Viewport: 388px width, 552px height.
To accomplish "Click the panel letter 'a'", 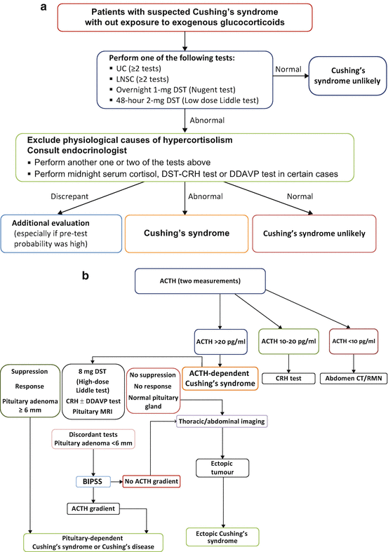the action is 44,6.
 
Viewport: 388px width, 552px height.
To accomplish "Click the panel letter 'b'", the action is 86,275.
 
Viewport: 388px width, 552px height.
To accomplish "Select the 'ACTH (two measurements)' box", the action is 200,281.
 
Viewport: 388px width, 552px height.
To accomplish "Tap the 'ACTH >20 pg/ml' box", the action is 221,342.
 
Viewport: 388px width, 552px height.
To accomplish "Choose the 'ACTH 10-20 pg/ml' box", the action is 288,341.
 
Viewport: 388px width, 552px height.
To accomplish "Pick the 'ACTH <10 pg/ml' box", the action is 354,341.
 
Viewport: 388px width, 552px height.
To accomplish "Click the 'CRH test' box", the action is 288,379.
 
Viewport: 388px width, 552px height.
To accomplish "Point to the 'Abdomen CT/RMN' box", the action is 354,379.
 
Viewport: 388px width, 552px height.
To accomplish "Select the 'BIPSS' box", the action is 93,481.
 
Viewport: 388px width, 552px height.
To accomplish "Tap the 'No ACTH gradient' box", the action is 152,481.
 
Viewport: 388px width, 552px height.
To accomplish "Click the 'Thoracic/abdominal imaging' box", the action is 222,422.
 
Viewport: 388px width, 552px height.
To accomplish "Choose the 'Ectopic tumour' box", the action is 222,468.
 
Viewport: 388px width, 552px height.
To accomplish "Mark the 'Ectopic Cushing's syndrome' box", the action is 222,537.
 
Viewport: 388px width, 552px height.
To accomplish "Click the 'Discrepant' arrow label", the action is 69,196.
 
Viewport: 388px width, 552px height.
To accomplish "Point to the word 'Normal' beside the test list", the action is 288,69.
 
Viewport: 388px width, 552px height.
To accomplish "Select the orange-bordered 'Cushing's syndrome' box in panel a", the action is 187,234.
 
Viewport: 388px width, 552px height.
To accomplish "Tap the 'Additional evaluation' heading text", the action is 51,223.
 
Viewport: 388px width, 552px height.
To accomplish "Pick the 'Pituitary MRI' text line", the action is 93,412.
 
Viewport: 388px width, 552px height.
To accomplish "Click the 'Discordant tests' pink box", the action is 93,439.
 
